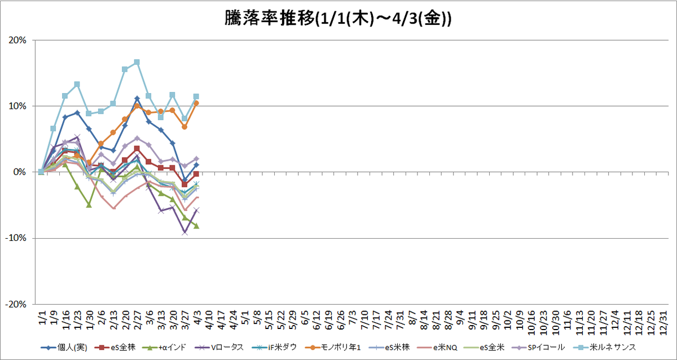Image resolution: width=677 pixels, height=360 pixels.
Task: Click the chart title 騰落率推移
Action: [x=270, y=19]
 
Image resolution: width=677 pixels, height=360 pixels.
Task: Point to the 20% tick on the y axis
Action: [x=17, y=40]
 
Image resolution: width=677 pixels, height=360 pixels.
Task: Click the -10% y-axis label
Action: [x=16, y=238]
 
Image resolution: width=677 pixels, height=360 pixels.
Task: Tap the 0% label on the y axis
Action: [x=20, y=172]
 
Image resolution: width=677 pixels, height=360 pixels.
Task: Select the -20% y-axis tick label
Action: [x=16, y=304]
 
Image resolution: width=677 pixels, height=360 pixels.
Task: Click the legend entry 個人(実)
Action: [x=64, y=348]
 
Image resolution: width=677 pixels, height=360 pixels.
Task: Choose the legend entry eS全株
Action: [x=115, y=348]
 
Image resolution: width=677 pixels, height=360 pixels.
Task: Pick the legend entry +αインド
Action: [x=164, y=348]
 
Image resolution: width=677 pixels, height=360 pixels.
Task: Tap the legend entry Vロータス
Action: [x=219, y=348]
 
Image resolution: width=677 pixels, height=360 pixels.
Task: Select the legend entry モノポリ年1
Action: [x=333, y=348]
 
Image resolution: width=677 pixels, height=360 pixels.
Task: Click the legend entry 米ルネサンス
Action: [x=604, y=348]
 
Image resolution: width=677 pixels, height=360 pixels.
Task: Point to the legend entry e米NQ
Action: [x=437, y=348]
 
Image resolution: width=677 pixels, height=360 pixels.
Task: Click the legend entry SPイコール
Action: [x=538, y=348]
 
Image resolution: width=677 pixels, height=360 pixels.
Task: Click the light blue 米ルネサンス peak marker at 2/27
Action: [x=137, y=62]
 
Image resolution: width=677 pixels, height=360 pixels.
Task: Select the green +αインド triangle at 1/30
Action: [x=89, y=205]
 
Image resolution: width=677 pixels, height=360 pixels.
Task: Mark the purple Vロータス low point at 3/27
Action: [x=184, y=232]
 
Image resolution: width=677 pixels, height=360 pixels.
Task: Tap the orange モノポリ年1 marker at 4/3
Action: [x=196, y=103]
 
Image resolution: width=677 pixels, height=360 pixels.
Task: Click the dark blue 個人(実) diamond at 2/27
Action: [x=137, y=99]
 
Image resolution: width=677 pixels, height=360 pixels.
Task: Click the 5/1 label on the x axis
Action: [x=245, y=318]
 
